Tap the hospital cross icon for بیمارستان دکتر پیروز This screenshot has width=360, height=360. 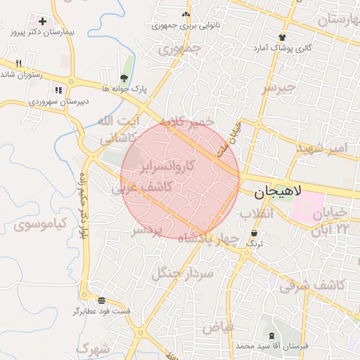[44, 22]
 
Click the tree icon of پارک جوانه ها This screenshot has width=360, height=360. [124, 78]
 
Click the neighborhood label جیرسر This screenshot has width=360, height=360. [281, 88]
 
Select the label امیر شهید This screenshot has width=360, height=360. [323, 148]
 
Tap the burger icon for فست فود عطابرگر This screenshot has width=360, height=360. [102, 300]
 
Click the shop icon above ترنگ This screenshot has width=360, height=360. [253, 233]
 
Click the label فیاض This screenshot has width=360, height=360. [217, 327]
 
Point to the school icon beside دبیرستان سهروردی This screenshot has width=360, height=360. [58, 90]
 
